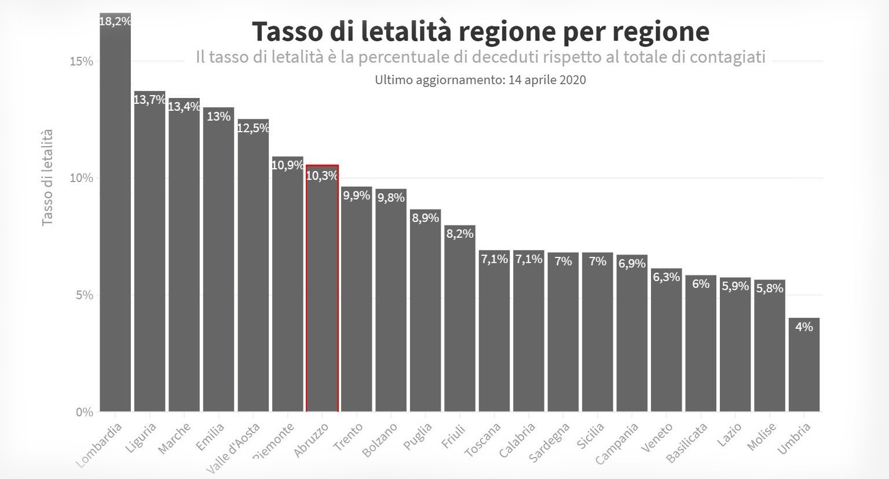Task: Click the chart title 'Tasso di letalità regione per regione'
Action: click(480, 31)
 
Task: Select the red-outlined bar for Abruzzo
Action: click(322, 290)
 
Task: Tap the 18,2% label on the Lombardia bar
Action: click(115, 21)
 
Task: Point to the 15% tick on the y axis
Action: click(81, 61)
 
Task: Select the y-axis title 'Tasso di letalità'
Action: click(47, 177)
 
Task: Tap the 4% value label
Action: click(804, 327)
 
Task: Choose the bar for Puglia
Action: click(425, 313)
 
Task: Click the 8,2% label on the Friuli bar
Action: click(460, 234)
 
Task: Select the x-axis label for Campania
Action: click(617, 444)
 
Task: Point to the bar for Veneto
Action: click(666, 342)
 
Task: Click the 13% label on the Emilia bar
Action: click(218, 117)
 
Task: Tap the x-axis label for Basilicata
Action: click(687, 443)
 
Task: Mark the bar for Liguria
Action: click(149, 255)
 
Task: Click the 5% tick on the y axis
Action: click(83, 295)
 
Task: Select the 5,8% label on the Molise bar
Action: click(769, 288)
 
